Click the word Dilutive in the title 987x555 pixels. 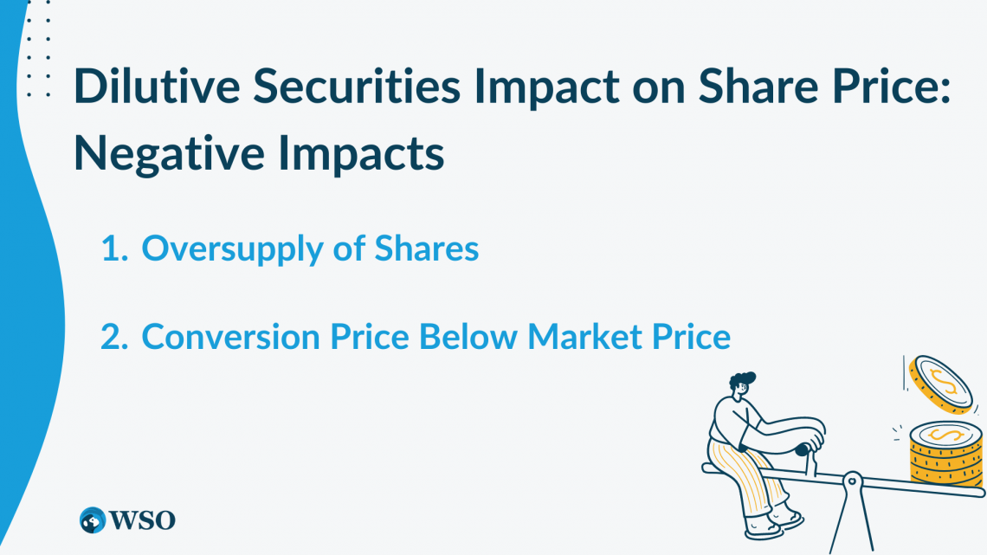(x=157, y=86)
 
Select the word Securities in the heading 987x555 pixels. (x=357, y=86)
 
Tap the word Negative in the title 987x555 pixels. (x=169, y=153)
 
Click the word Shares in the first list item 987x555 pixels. (x=427, y=248)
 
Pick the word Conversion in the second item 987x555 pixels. (x=231, y=337)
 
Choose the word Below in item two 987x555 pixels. (x=468, y=337)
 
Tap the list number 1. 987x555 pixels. (x=114, y=248)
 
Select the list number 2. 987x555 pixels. (x=114, y=337)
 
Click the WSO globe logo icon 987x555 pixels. (x=93, y=520)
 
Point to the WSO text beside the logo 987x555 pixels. (x=142, y=520)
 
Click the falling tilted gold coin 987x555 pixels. (x=941, y=384)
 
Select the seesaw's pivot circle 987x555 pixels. (x=852, y=481)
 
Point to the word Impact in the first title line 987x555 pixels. (x=546, y=86)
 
